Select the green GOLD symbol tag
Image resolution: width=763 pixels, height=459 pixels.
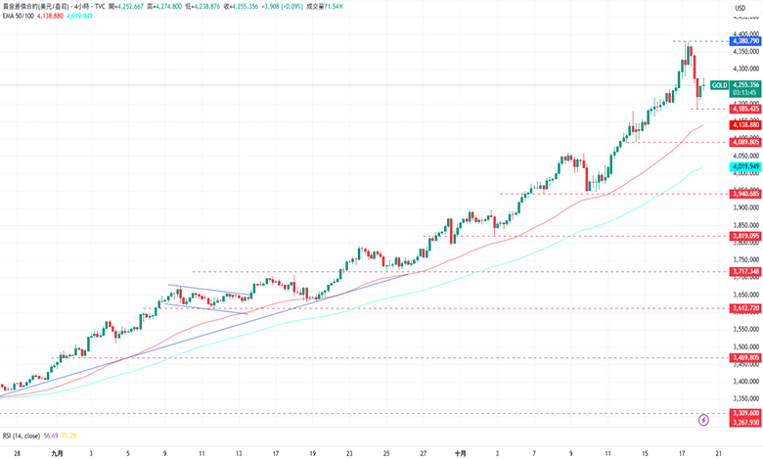click(719, 85)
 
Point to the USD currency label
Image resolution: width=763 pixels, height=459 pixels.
click(741, 8)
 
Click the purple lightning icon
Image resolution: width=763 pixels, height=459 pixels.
click(704, 420)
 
